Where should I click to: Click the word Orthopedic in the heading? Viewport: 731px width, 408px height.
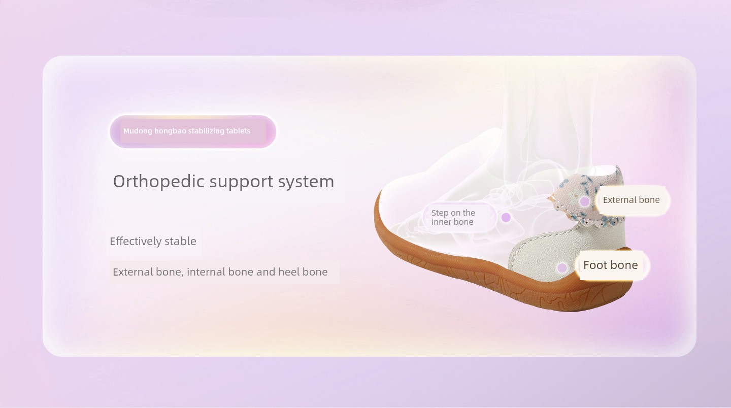click(158, 181)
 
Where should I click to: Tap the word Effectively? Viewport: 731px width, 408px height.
click(135, 242)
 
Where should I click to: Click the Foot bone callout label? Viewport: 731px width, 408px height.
click(611, 265)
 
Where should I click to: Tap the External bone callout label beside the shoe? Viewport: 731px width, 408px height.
click(631, 200)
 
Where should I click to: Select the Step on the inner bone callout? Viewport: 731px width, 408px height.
click(459, 217)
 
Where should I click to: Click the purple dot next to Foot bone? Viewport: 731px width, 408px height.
click(561, 268)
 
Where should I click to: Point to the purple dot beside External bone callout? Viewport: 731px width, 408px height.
click(584, 201)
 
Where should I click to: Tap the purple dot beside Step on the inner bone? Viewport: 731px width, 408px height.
click(506, 217)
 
